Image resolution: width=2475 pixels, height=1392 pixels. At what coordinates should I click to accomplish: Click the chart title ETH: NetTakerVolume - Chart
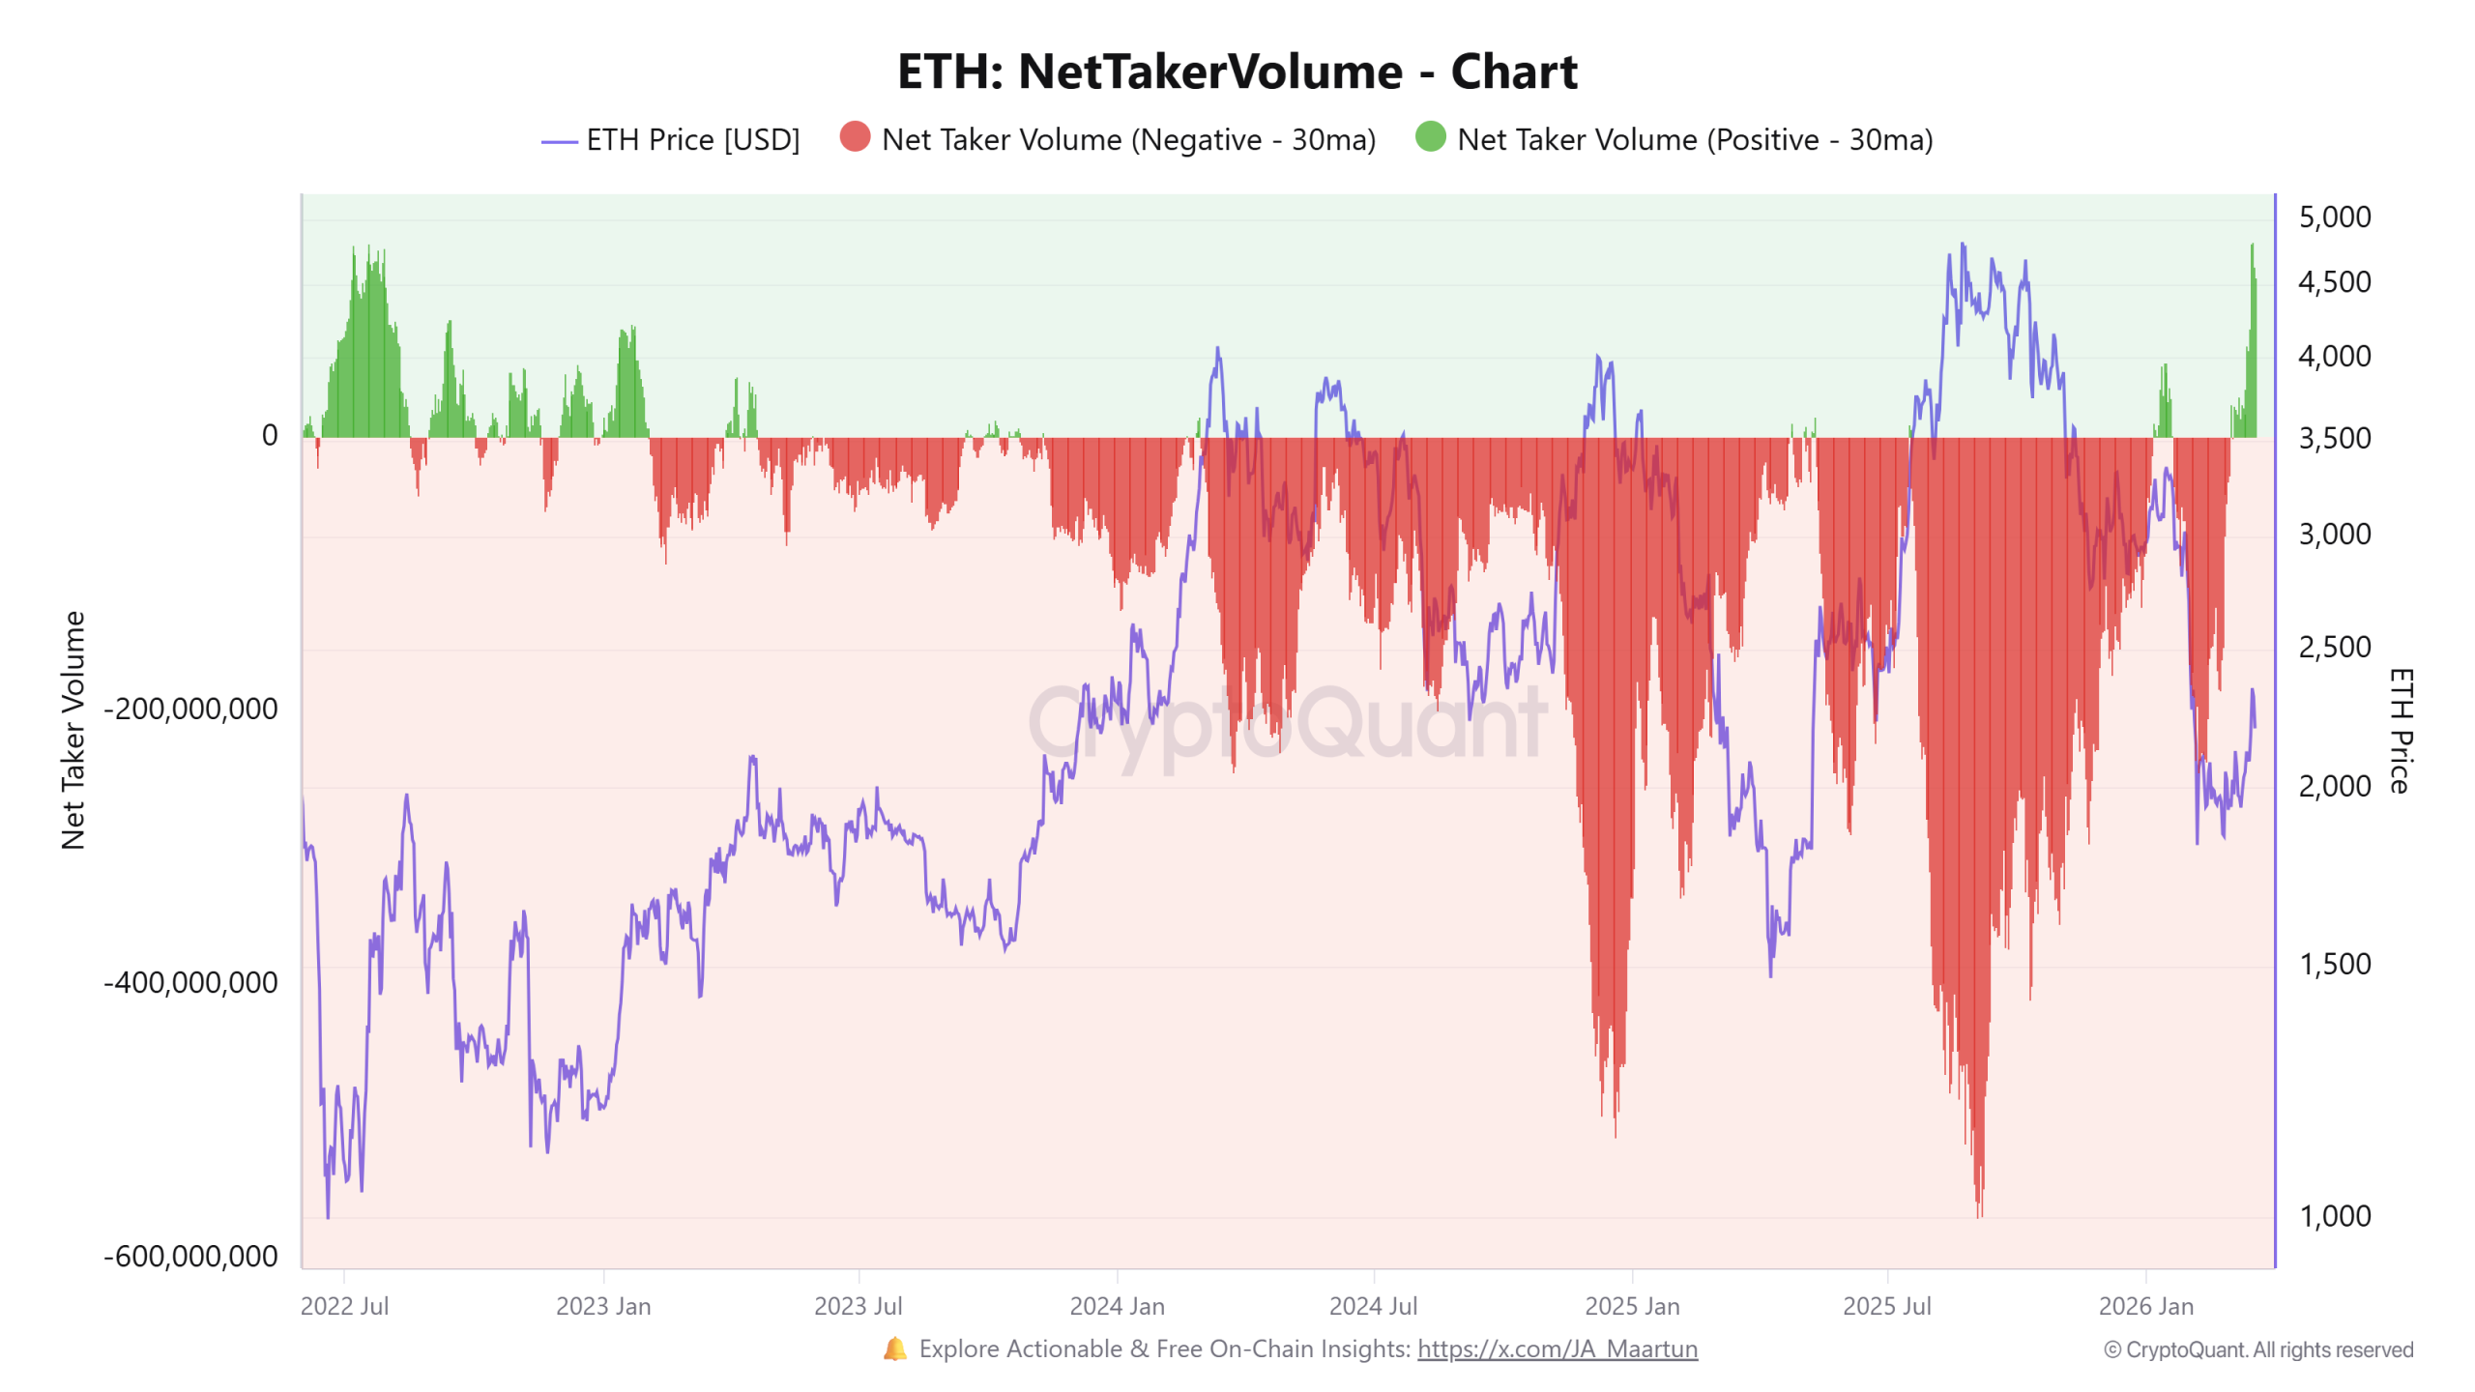[x=1237, y=72]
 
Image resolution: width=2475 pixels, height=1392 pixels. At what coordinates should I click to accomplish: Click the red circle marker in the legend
[x=855, y=137]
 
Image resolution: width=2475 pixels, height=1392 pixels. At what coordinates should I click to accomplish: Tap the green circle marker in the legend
[x=1430, y=137]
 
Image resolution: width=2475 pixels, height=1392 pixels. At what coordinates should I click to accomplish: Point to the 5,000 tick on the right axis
[x=2334, y=217]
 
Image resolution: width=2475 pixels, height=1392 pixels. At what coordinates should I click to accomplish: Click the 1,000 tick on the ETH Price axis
[x=2334, y=1216]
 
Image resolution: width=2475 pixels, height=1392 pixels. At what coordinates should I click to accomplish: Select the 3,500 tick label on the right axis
[x=2334, y=438]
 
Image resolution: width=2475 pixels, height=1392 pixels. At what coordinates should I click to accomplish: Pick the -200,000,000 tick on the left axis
[x=190, y=709]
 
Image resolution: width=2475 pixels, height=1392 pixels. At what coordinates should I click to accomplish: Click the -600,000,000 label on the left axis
[x=190, y=1256]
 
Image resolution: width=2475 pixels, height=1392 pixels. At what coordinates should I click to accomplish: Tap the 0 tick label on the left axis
[x=270, y=436]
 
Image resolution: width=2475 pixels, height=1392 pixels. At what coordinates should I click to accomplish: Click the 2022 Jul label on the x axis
[x=344, y=1306]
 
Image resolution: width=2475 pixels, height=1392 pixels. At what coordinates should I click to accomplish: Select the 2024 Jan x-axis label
[x=1117, y=1306]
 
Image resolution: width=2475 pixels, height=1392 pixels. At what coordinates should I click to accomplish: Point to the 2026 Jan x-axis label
[x=2145, y=1306]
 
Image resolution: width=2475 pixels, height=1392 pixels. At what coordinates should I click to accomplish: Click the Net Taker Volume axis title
[x=73, y=730]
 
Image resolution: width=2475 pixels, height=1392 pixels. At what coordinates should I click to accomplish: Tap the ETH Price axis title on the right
[x=2402, y=730]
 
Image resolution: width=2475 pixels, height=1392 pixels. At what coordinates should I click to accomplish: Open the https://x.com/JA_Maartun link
[x=1557, y=1348]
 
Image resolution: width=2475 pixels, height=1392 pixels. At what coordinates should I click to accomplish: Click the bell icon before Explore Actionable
[x=894, y=1348]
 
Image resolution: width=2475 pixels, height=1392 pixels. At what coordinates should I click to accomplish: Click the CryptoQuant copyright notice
[x=2257, y=1349]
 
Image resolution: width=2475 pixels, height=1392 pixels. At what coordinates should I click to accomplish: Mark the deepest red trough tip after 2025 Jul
[x=1979, y=1213]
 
